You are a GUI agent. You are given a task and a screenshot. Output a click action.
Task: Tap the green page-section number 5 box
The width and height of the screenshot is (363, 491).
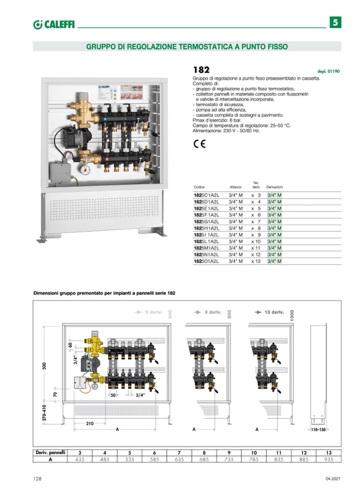coord(334,23)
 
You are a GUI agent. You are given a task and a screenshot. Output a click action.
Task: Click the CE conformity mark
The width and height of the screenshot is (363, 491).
coord(199,144)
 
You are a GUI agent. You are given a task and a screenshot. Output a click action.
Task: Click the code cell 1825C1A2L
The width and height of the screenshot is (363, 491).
coord(207,195)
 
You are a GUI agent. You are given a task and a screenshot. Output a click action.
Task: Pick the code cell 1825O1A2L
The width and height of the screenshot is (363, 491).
coord(207,261)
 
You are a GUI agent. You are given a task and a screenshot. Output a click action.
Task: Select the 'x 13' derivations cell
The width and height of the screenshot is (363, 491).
coord(256,261)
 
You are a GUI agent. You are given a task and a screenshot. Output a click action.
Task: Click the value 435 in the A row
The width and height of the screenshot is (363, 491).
coord(79,459)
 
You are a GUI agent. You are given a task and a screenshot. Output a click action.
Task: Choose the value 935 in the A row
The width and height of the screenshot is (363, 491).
coord(329,459)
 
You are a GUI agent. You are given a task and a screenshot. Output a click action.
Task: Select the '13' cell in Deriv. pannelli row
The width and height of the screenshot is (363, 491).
coord(329,453)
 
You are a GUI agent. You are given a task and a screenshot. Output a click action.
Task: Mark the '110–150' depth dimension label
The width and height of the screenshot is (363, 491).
coord(318,431)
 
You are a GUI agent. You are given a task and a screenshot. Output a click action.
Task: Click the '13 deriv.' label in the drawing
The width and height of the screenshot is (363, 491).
coord(274,312)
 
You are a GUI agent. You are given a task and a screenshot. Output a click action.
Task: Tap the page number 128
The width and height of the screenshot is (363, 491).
coord(37,478)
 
